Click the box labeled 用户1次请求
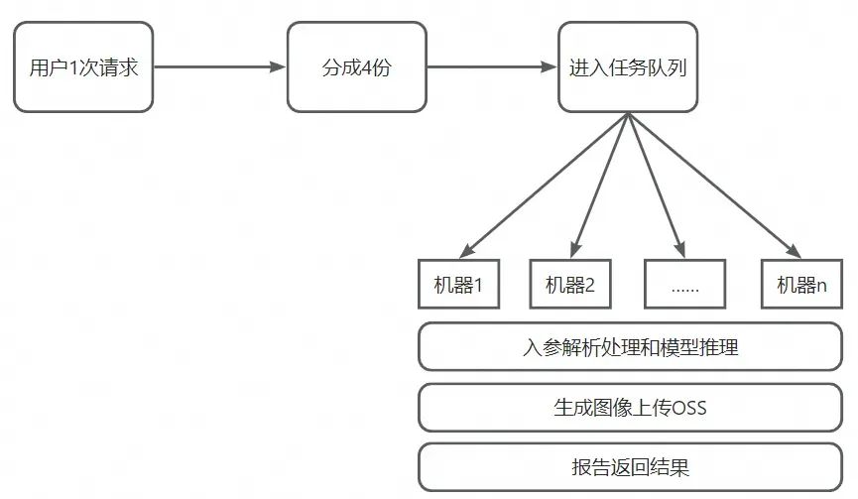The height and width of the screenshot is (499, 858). (83, 68)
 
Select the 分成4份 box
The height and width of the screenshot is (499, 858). (356, 68)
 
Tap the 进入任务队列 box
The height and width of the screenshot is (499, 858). (628, 68)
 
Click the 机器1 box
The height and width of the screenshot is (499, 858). (458, 285)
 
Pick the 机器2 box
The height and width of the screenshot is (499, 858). (570, 285)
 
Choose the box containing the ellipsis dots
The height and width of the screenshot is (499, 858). (684, 285)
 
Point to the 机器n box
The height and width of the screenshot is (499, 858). (801, 285)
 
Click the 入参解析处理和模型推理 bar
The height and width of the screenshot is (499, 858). (630, 347)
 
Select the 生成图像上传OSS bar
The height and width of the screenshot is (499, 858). (630, 407)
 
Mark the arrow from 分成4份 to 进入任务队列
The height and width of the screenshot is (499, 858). (492, 68)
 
